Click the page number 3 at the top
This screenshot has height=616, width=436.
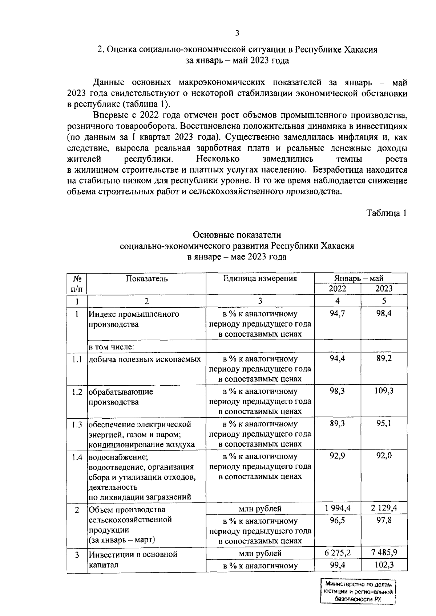coord(237,34)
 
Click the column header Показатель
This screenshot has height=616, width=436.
coord(147,279)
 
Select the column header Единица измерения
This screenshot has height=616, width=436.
coord(260,279)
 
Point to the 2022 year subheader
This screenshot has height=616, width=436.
coord(337,289)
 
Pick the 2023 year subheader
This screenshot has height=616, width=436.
coord(384,289)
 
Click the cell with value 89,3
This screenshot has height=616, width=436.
coord(337,424)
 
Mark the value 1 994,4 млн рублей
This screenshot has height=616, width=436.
coord(337,508)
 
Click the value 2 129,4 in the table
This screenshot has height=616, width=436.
coord(384,508)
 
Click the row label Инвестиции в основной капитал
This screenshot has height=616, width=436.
coord(133,559)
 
